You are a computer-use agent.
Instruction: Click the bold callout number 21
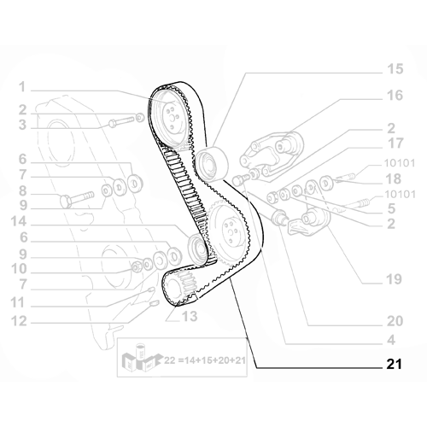[394, 364]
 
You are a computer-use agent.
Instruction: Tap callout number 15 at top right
[395, 69]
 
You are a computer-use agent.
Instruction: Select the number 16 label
[395, 96]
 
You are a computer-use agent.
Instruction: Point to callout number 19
[394, 279]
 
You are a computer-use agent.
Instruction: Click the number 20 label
[395, 321]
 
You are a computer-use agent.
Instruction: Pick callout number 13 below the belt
[190, 316]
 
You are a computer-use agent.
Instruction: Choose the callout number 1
[22, 87]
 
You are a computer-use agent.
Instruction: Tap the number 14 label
[19, 222]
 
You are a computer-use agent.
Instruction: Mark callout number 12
[19, 321]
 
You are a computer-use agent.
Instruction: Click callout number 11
[18, 303]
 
